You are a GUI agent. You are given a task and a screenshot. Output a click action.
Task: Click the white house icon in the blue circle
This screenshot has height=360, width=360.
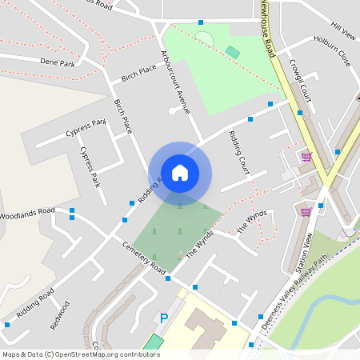tap(180, 172)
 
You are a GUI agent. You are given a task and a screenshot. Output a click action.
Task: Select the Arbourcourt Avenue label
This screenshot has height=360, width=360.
tap(175, 83)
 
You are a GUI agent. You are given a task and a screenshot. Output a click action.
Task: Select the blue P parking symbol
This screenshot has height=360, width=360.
tap(164, 318)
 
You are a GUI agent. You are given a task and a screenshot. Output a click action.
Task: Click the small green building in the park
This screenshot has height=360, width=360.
tap(232, 52)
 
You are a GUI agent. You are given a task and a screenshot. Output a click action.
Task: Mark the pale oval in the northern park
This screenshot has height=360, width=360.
tap(205, 38)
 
